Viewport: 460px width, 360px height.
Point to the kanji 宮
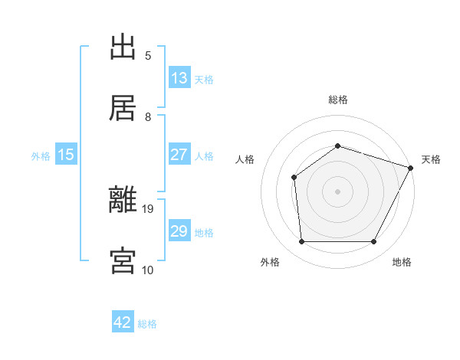pos(123,260)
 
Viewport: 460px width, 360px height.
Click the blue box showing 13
pos(179,78)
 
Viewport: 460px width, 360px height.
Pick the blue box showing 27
pos(179,155)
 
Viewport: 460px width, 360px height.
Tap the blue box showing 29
pos(179,231)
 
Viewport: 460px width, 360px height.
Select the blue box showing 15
pos(67,155)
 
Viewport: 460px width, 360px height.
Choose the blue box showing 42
pos(123,322)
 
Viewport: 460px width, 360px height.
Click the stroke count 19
pos(149,208)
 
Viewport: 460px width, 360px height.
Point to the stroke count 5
pos(148,55)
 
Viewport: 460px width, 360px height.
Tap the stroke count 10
pos(148,270)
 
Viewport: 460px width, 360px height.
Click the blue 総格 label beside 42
pos(147,324)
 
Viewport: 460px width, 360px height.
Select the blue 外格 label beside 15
pos(41,156)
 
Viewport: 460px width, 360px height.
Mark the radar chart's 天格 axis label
pos(431,159)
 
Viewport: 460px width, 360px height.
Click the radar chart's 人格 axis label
pos(245,159)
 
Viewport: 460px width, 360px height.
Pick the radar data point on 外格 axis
pos(301,242)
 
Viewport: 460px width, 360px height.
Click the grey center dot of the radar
pos(337,191)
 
